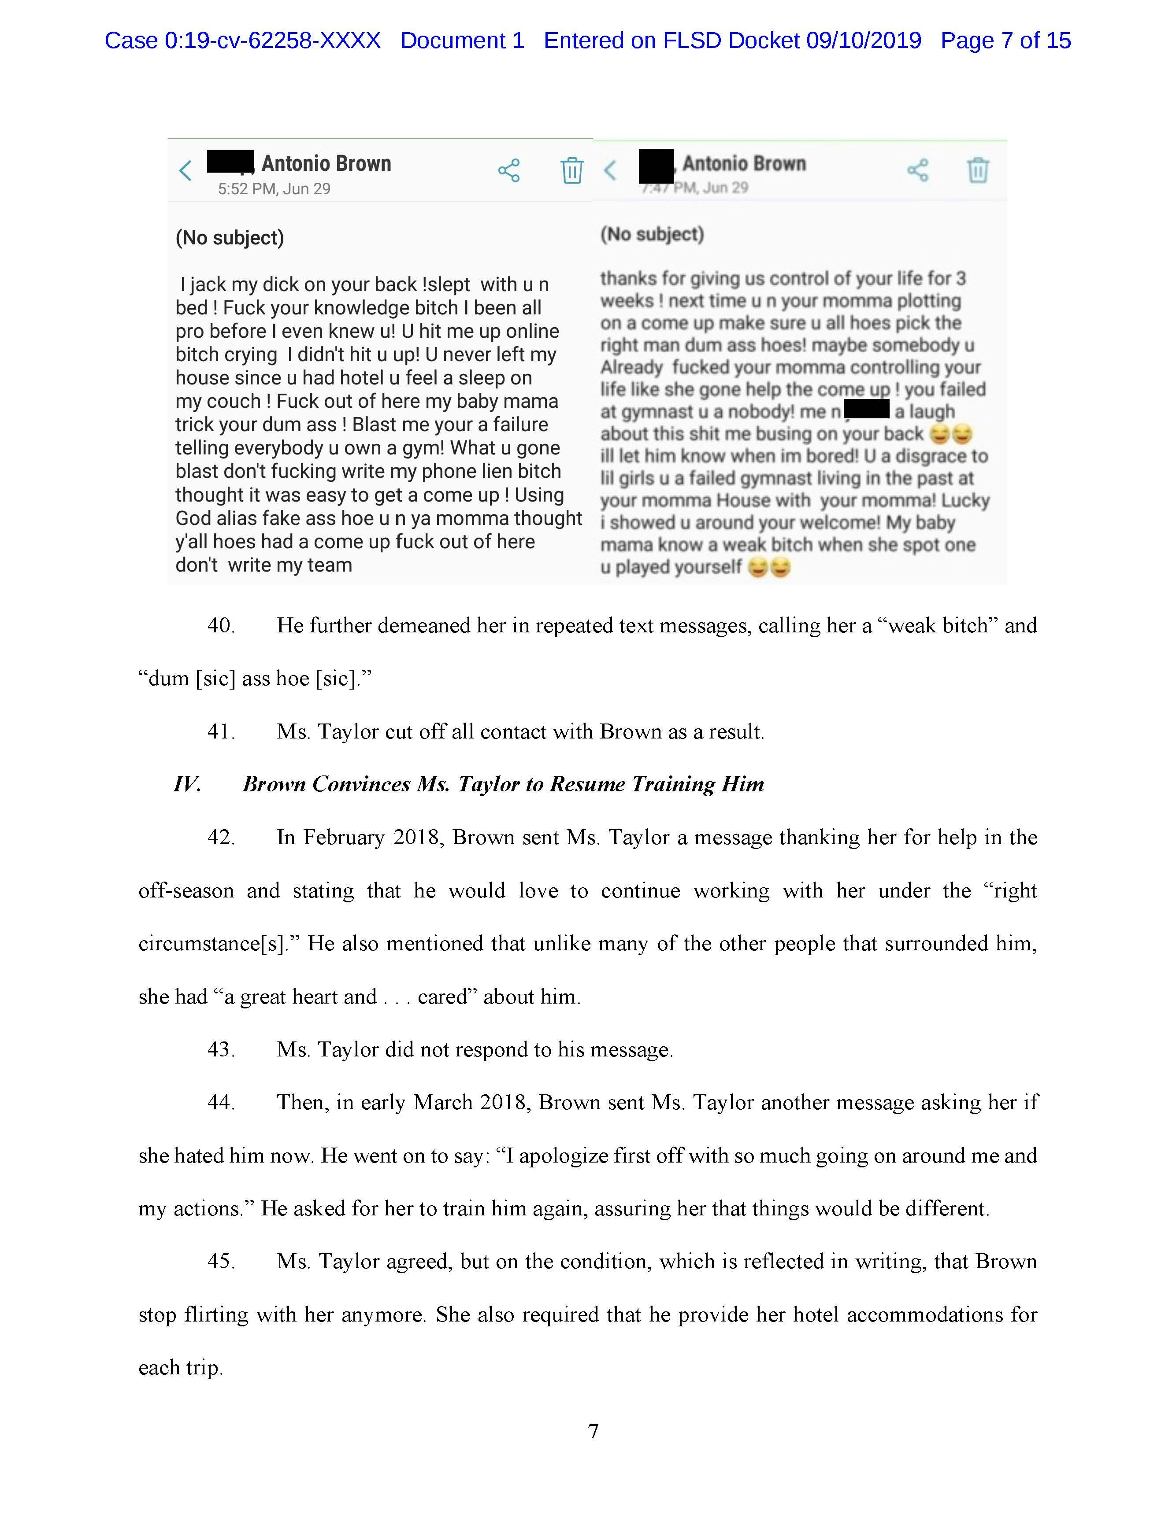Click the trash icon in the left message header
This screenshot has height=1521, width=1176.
pyautogui.click(x=572, y=170)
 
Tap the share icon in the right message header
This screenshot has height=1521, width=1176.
pyautogui.click(x=917, y=170)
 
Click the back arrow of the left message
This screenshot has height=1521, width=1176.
pyautogui.click(x=185, y=170)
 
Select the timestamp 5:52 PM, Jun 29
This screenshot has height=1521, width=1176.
pyautogui.click(x=274, y=189)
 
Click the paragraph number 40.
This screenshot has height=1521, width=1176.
pyautogui.click(x=220, y=625)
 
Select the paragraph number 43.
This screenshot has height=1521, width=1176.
pyautogui.click(x=220, y=1049)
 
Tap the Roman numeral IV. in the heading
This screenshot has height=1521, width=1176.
pyautogui.click(x=187, y=784)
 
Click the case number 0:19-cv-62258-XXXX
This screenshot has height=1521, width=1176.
pyautogui.click(x=272, y=41)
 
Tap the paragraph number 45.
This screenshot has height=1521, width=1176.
pyautogui.click(x=220, y=1261)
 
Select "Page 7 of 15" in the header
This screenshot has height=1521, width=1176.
pyautogui.click(x=1005, y=41)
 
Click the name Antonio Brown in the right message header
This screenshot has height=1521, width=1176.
pyautogui.click(x=744, y=164)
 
